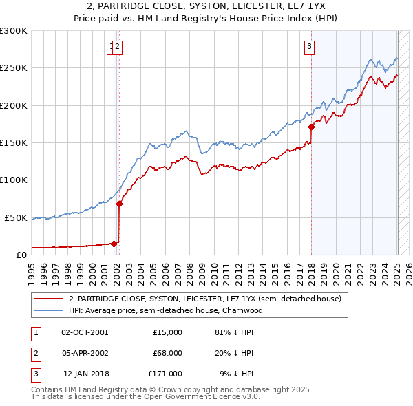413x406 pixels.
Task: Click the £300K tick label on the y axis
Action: (x=14, y=31)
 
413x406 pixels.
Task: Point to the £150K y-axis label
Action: (x=14, y=142)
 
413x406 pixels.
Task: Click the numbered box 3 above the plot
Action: (x=310, y=47)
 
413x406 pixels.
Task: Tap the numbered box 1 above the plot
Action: (x=111, y=47)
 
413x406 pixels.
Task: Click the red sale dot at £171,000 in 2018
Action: (x=311, y=127)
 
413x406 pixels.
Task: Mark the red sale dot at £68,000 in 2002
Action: (x=119, y=204)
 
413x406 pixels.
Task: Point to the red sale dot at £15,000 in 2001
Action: (x=114, y=243)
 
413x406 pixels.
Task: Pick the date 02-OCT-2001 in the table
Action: (x=85, y=332)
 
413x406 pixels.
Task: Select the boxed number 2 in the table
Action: (x=35, y=353)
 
